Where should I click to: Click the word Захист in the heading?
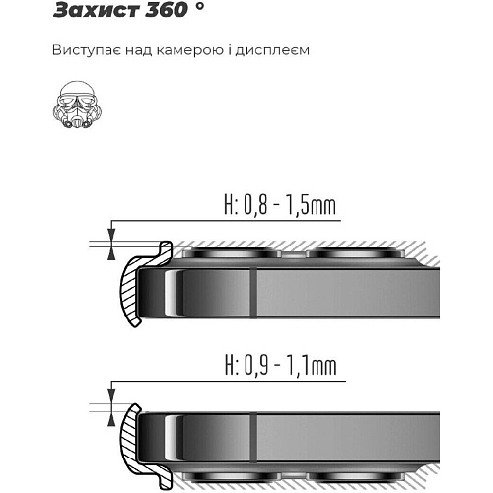97,10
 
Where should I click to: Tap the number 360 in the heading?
167,10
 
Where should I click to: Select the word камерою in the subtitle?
189,51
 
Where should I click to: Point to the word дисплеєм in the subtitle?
272,51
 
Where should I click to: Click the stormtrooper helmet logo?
77,105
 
